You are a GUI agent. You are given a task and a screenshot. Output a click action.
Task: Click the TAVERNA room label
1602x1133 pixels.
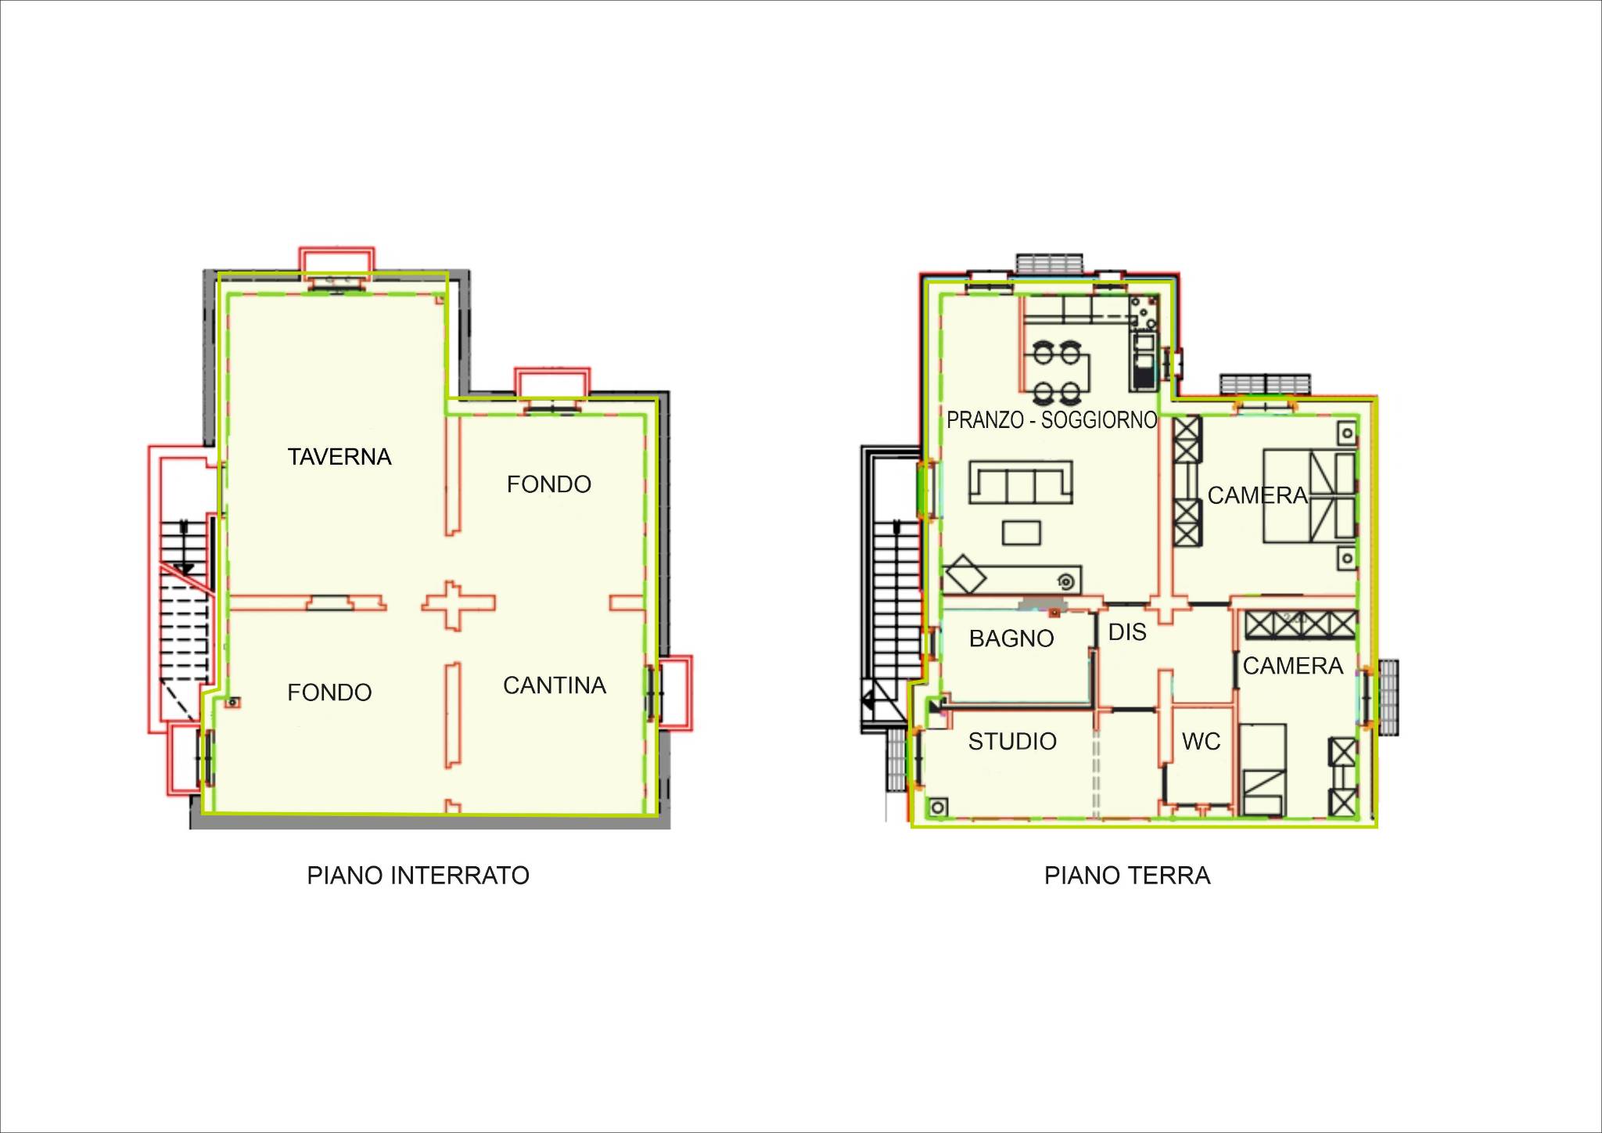point(339,457)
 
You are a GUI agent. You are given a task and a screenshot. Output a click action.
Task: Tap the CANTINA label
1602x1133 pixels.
point(555,685)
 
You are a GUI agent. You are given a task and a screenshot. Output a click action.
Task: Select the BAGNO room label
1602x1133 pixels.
point(1011,638)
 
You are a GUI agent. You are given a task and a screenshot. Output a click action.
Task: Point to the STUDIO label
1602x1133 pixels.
point(1012,741)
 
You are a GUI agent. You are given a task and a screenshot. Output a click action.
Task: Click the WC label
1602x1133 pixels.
point(1201,741)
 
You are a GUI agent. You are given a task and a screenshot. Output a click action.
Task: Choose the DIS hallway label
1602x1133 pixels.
point(1127,632)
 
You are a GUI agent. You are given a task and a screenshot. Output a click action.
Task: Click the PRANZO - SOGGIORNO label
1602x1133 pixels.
point(1051,420)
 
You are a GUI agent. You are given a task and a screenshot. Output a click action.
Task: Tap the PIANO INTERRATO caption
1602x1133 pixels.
point(418,875)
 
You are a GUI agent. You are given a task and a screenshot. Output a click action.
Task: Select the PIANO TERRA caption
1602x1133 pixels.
point(1127,875)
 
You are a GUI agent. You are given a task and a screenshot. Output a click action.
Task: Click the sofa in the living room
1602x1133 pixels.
point(1021,482)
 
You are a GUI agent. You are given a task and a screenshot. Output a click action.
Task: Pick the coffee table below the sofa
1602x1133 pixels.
point(1022,533)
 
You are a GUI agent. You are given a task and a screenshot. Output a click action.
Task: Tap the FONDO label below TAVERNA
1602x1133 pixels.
point(329,692)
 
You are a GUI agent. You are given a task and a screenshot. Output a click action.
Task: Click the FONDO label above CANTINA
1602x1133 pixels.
point(548,484)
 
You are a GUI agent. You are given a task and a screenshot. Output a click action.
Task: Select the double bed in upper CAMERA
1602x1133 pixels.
point(1309,496)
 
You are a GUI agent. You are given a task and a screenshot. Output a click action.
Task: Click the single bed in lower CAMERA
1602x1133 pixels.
point(1263,770)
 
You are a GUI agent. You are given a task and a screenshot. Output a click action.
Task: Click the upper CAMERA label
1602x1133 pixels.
point(1258,495)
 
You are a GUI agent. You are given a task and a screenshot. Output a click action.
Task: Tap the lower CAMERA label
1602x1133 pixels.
point(1293,666)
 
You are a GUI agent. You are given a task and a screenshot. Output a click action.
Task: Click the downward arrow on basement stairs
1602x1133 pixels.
point(185,548)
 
